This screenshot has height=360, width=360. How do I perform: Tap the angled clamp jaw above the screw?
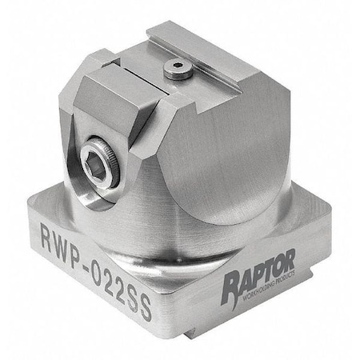(116, 104)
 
